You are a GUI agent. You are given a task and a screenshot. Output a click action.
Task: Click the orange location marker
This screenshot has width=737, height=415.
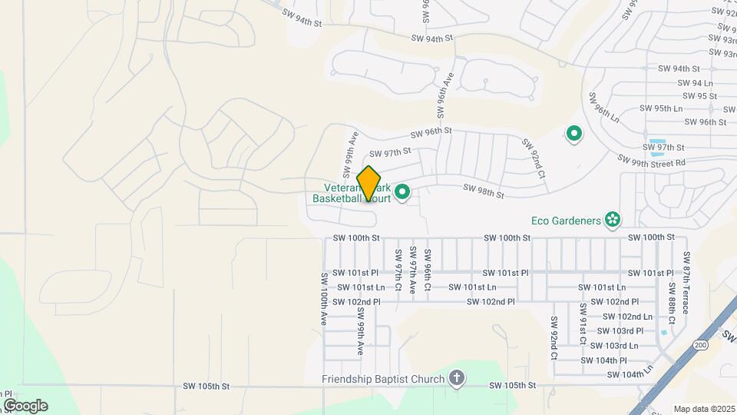click(368, 183)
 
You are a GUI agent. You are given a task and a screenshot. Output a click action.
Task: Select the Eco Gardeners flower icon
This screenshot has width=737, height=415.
click(612, 221)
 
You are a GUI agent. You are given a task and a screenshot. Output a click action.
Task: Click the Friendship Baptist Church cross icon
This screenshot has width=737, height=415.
click(457, 378)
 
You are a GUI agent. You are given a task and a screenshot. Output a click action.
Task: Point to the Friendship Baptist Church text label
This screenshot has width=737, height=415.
click(383, 379)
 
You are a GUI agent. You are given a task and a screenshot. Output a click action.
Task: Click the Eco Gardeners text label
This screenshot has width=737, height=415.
click(565, 221)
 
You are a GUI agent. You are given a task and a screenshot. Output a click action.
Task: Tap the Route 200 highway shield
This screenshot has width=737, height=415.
click(699, 344)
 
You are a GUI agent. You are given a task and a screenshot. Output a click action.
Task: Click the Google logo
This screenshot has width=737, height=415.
click(25, 406)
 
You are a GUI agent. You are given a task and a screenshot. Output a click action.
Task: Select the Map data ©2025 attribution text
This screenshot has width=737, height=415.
click(704, 409)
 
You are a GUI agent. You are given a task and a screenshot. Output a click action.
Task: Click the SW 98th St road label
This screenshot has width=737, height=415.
click(483, 191)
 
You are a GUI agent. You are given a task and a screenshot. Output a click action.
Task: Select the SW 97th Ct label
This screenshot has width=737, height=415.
click(398, 270)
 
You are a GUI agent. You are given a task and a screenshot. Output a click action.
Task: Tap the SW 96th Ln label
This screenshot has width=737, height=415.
click(603, 108)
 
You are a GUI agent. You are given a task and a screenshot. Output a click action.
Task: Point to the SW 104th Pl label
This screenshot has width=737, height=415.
click(604, 360)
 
